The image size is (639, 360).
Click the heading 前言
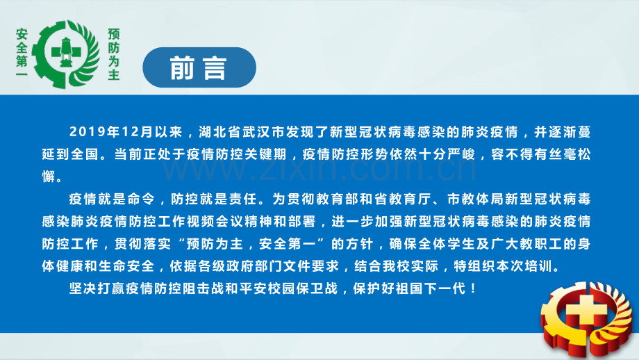(x=199, y=69)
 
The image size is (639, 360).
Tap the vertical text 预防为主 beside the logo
(x=114, y=54)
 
